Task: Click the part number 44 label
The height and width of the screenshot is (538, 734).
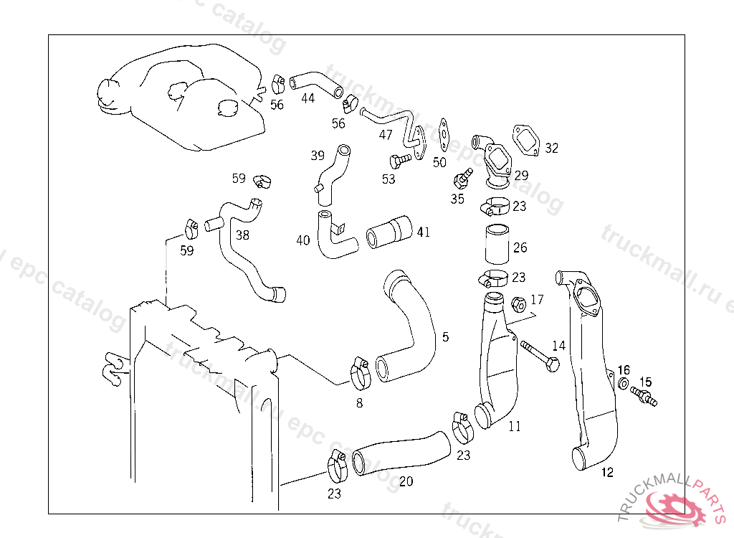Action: click(308, 98)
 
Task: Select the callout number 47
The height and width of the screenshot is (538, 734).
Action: click(386, 134)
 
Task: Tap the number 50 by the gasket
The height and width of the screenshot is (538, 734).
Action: click(439, 163)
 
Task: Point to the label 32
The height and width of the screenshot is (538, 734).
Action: click(551, 148)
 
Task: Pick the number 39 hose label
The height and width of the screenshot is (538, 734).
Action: click(318, 155)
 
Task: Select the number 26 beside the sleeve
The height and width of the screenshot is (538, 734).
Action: click(520, 247)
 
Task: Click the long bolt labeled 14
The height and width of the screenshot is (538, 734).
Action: click(539, 357)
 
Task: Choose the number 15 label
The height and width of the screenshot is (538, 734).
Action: click(646, 382)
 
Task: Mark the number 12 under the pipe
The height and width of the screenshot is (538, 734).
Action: click(607, 473)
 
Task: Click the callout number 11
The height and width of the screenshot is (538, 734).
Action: click(515, 426)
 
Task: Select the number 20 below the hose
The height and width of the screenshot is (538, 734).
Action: click(406, 481)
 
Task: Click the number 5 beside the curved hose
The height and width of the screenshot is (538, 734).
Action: click(445, 336)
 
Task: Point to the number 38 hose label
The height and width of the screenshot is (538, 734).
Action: click(243, 235)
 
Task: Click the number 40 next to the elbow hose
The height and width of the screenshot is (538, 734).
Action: click(303, 240)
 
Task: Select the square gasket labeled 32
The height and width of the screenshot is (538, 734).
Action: click(527, 140)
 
